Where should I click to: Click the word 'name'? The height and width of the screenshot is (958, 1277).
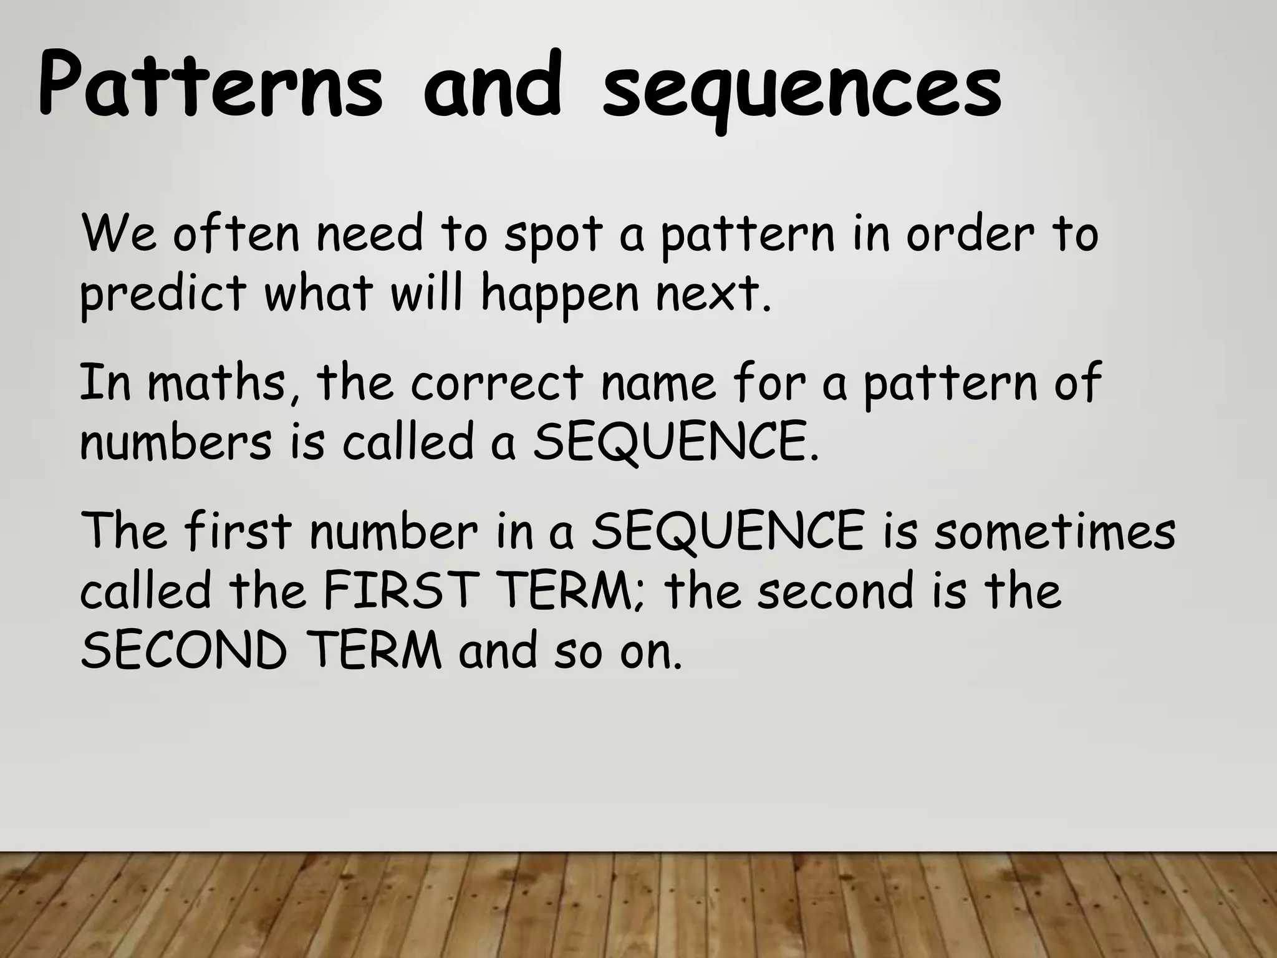(658, 384)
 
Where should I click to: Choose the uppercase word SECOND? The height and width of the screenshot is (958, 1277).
(184, 651)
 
